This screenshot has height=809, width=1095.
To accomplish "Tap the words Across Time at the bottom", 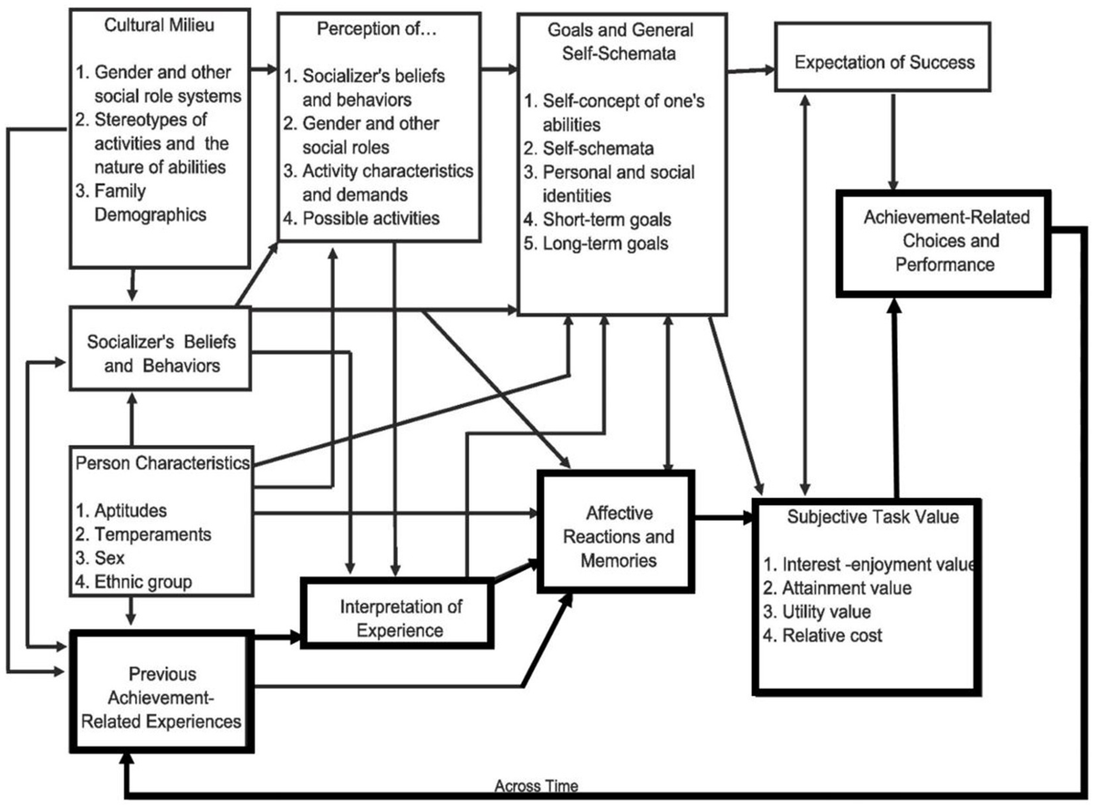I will [537, 784].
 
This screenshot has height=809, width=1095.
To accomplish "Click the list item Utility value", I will [827, 611].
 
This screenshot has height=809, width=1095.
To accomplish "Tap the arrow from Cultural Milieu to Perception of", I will [263, 67].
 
